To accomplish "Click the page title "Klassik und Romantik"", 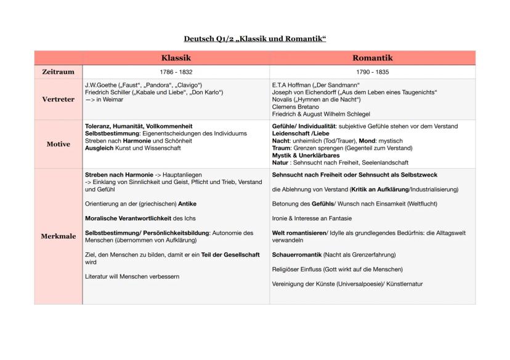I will [255, 39].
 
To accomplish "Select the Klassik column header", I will [176, 58].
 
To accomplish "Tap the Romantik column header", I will [372, 58].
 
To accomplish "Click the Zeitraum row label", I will [58, 72].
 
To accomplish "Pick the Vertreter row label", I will [58, 99].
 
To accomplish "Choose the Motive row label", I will [58, 144].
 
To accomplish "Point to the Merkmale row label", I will [58, 236].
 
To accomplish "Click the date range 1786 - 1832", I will [176, 72].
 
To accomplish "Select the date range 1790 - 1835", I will [372, 72].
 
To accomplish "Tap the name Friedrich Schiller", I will [107, 92].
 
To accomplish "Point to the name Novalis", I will [283, 99].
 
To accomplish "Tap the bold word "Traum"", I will [281, 148].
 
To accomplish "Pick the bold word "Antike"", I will [187, 204].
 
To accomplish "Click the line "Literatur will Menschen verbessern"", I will [132, 276].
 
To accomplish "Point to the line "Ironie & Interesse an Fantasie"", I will [312, 218].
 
